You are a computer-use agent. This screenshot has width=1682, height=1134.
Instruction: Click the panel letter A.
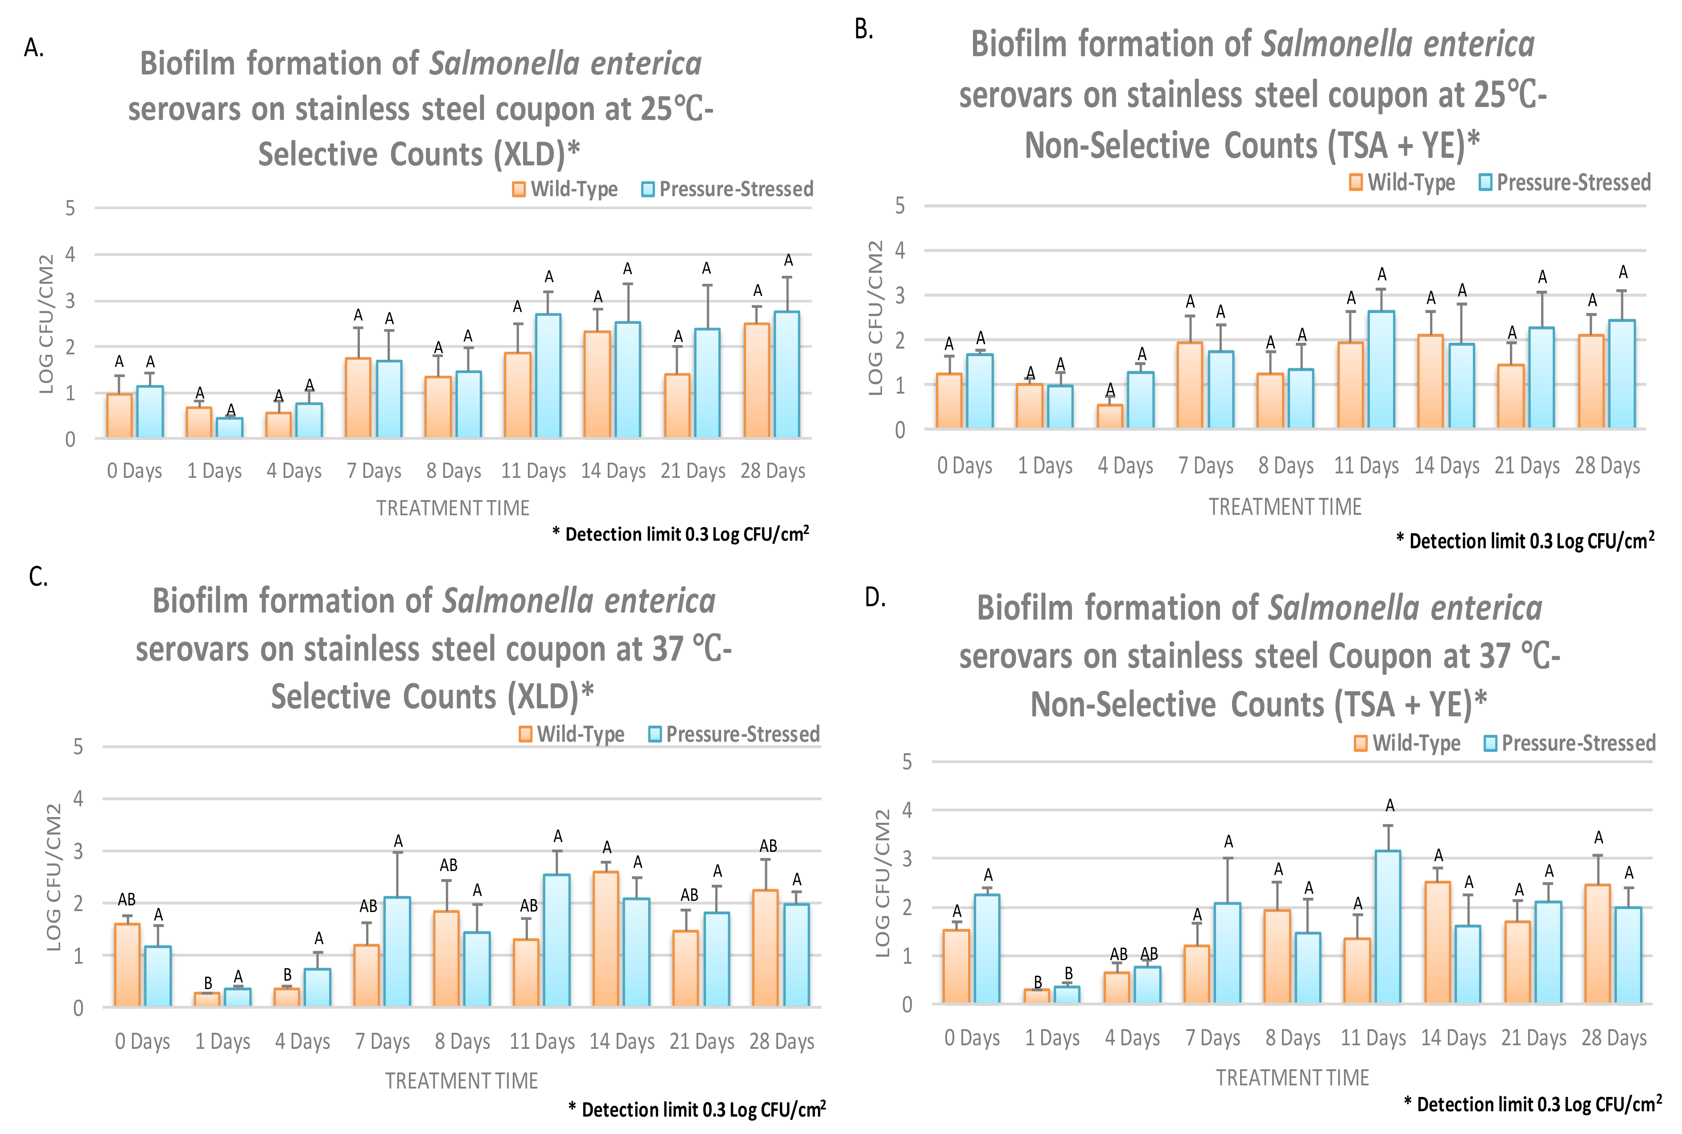33,48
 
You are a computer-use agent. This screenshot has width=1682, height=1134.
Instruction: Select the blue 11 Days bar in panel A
548,376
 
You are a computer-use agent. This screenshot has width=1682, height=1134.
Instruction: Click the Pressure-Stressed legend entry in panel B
1566,182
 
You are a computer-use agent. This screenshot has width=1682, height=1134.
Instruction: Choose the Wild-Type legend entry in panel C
572,735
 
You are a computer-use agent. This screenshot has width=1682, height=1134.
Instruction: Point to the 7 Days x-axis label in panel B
1205,466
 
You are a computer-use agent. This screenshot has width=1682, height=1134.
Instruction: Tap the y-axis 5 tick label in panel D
907,762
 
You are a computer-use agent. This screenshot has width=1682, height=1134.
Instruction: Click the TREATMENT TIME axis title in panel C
462,1081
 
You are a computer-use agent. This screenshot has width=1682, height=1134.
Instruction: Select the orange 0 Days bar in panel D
956,966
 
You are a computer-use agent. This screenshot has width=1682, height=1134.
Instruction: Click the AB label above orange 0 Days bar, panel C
127,900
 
